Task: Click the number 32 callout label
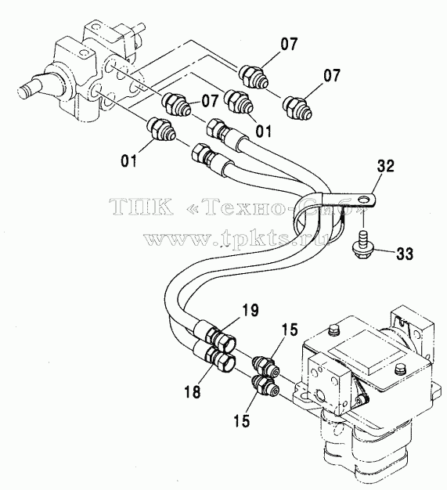[385, 166]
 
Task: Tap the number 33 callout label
[405, 254]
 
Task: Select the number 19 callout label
[250, 310]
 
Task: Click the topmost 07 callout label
[289, 44]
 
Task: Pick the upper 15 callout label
[290, 330]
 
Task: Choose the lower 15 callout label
[242, 420]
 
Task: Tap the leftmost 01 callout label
[129, 161]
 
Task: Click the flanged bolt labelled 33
[361, 247]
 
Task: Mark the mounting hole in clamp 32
[362, 200]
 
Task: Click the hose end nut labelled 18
[222, 361]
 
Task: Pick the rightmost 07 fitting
[297, 107]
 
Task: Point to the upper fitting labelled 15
[265, 366]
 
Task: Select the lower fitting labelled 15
[265, 384]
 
